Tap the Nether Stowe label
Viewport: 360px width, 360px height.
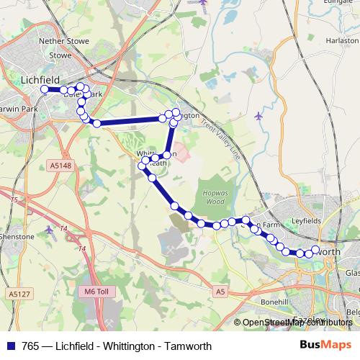click(64, 42)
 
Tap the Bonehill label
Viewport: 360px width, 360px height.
click(274, 301)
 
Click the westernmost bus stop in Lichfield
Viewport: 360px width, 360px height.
click(45, 89)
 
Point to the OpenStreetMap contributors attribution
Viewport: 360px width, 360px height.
click(295, 323)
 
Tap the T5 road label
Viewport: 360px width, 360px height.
click(13, 199)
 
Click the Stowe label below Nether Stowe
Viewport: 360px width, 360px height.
click(60, 55)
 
